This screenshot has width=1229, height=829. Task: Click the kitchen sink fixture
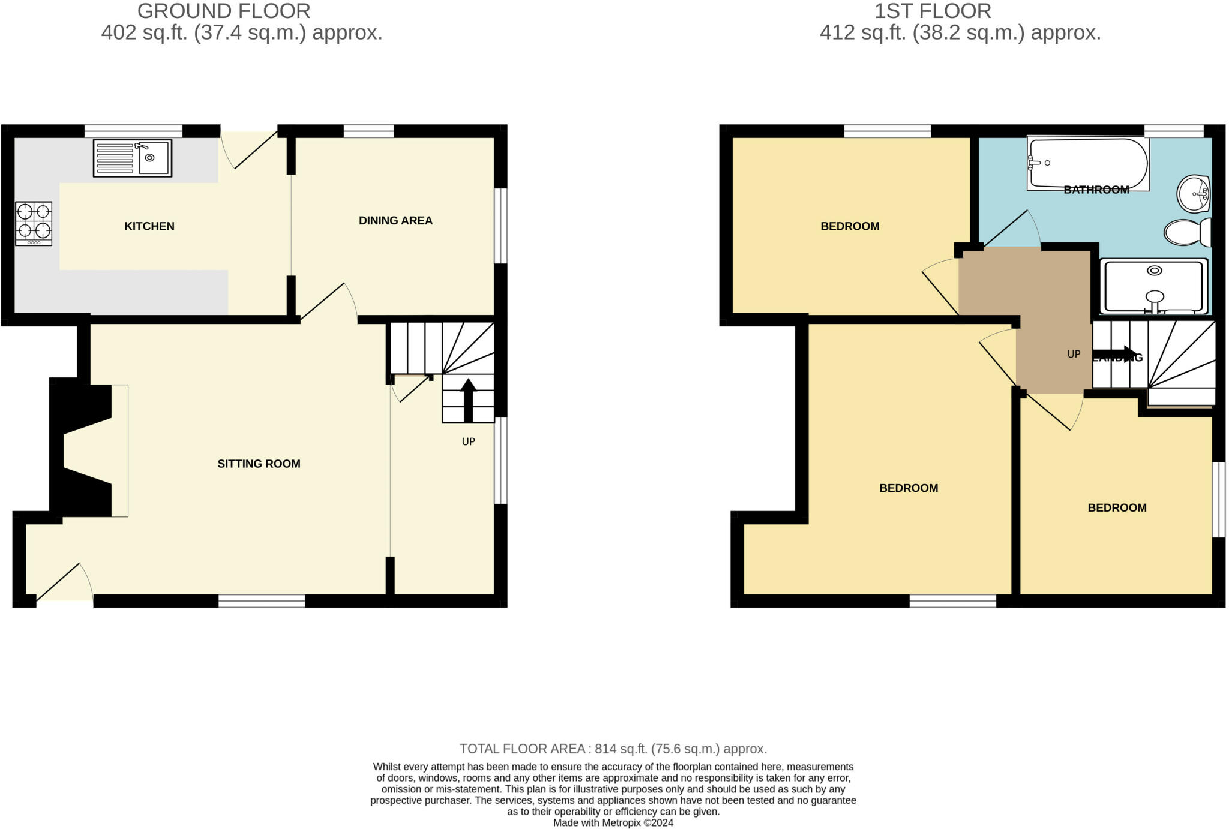[x=133, y=158]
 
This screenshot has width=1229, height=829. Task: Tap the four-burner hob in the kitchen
[x=34, y=223]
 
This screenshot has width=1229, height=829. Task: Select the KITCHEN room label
[x=149, y=226]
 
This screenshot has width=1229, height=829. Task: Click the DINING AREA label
[x=395, y=221]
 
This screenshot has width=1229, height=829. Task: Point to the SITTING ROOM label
[x=259, y=464]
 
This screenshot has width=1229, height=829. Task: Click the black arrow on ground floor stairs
[x=468, y=400]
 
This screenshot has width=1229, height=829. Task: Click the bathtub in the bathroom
[x=1087, y=164]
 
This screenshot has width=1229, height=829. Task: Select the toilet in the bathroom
[x=1188, y=232]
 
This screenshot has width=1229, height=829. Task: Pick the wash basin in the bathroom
[x=1194, y=194]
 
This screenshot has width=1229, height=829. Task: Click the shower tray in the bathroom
[x=1153, y=286]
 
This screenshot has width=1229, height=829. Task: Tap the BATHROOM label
[x=1096, y=190]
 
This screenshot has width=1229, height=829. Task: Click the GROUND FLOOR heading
[x=224, y=11]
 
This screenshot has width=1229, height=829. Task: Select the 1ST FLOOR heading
[x=933, y=11]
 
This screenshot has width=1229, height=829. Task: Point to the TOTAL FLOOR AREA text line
[x=613, y=749]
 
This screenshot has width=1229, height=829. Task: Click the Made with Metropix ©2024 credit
[x=613, y=823]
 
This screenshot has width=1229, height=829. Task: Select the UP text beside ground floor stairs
[x=469, y=442]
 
